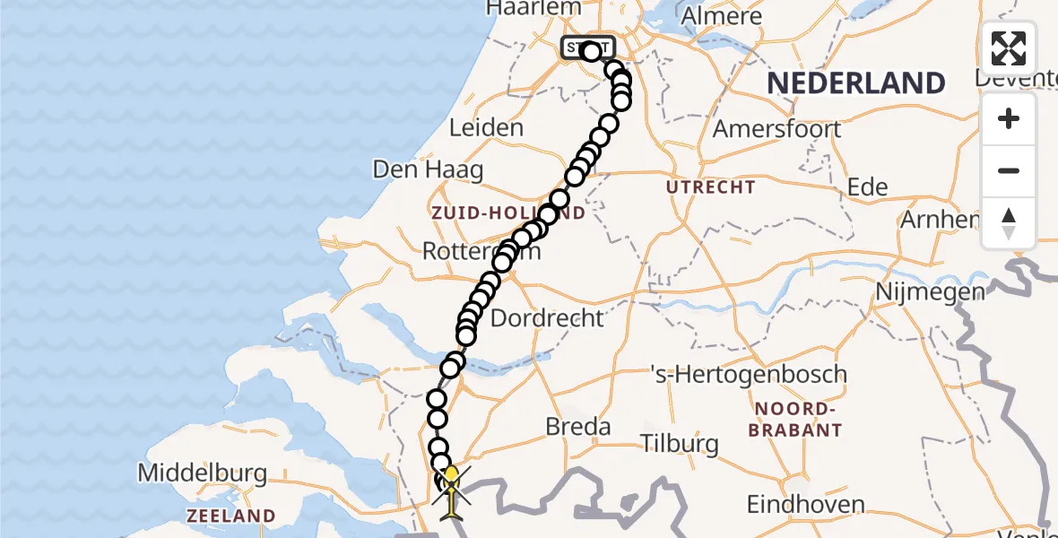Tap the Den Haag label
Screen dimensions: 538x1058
pos(428,169)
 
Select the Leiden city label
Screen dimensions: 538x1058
pos(486,127)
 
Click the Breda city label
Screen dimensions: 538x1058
pos(578,427)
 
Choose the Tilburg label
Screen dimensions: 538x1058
pos(680,443)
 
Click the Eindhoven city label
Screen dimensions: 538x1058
pos(809,504)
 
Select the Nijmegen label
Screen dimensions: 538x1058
pos(931,292)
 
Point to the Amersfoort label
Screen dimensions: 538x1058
pos(776,128)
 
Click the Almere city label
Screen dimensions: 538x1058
pos(722,16)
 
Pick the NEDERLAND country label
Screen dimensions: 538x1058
pos(855,83)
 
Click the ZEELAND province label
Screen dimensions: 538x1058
pos(230,516)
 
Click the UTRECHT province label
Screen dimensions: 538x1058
pos(710,187)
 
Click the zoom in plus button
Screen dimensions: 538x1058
pos(1009,118)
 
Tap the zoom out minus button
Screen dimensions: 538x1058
pos(1009,170)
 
